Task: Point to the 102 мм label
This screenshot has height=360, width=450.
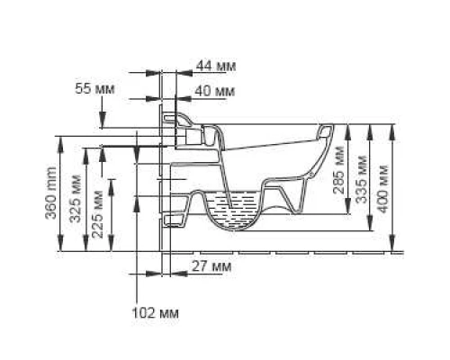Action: click(155, 312)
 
